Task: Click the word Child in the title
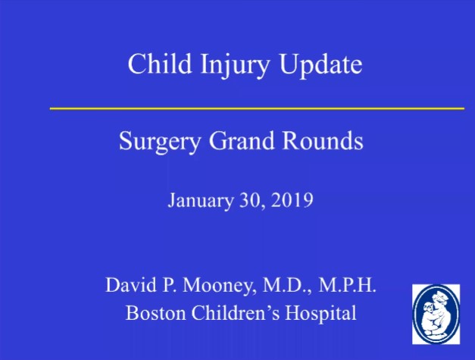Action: (x=152, y=64)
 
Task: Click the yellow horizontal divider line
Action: (x=257, y=108)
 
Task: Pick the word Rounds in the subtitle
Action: (x=325, y=141)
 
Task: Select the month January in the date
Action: (x=197, y=202)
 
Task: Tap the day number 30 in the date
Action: (x=251, y=202)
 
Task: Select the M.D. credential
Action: (x=283, y=286)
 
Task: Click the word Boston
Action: (x=149, y=311)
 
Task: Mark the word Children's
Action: (x=231, y=311)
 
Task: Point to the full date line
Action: (x=241, y=202)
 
